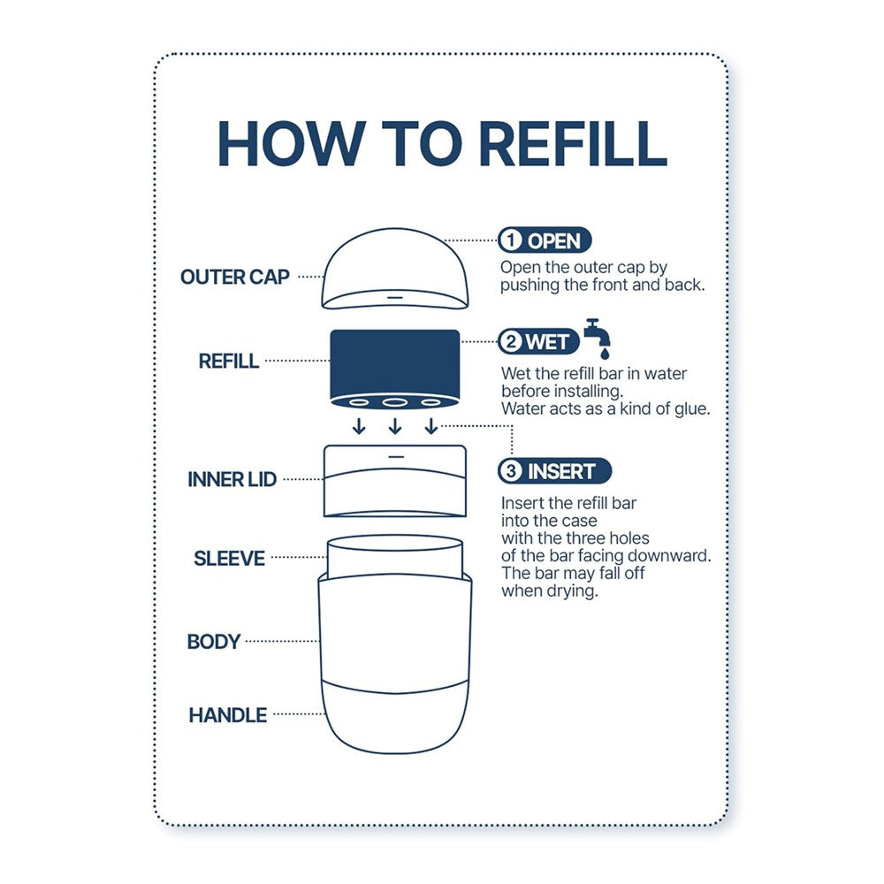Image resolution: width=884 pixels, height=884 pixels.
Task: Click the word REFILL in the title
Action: (x=574, y=143)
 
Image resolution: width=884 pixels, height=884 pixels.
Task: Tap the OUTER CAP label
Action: (x=234, y=277)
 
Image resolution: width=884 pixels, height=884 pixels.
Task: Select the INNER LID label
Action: (x=232, y=479)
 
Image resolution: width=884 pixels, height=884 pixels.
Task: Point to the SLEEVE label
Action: (x=229, y=558)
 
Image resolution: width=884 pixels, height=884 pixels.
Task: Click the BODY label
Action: (x=214, y=642)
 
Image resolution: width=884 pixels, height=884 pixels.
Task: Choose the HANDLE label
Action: (x=228, y=715)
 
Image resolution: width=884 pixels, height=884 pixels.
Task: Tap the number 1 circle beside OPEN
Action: (x=511, y=240)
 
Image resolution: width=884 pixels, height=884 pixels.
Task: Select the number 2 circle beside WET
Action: (x=511, y=341)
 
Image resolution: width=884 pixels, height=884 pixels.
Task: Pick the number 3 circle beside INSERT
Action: (x=511, y=471)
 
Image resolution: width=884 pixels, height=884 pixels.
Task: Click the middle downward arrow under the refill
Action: (x=395, y=426)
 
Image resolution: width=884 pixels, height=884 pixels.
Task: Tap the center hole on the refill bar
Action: (x=394, y=402)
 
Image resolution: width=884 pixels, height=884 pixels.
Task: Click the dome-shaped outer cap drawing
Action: (x=395, y=269)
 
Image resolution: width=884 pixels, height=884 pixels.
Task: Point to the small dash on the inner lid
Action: (x=396, y=456)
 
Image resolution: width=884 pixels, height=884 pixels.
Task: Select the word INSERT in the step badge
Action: (x=561, y=471)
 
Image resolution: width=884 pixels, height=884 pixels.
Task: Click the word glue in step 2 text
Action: (x=692, y=408)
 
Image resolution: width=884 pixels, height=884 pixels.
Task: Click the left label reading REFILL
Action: (x=229, y=361)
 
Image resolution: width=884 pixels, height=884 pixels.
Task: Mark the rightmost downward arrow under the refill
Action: (x=431, y=426)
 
